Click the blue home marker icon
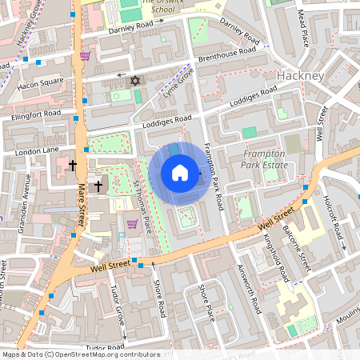click(180, 173)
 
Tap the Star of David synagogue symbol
click(134, 81)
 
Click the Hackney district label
click(298, 76)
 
